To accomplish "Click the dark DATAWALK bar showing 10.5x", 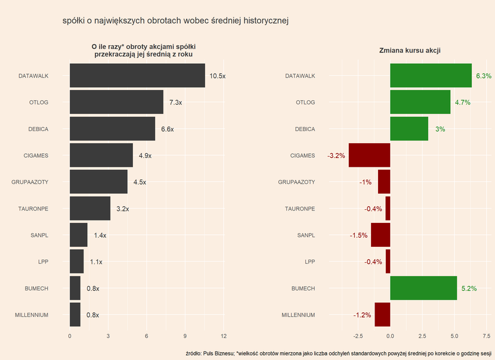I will [x=137, y=76].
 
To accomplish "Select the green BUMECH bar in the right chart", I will [x=423, y=288].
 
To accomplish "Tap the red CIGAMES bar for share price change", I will [x=369, y=156].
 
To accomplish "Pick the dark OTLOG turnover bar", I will [x=116, y=102].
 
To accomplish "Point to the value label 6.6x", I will [x=168, y=129].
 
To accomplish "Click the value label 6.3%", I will [x=484, y=76].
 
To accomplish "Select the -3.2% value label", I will [x=336, y=156].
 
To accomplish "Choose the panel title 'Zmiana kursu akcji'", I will [x=410, y=51].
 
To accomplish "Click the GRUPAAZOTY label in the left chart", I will [x=30, y=182].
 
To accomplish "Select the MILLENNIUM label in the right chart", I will [x=298, y=315].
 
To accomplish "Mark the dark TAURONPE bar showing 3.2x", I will [x=90, y=209].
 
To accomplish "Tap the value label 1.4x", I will [x=100, y=235].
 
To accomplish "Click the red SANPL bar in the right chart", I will [x=380, y=235].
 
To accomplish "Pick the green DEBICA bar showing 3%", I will [x=409, y=129].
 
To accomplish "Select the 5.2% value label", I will [x=469, y=288].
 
